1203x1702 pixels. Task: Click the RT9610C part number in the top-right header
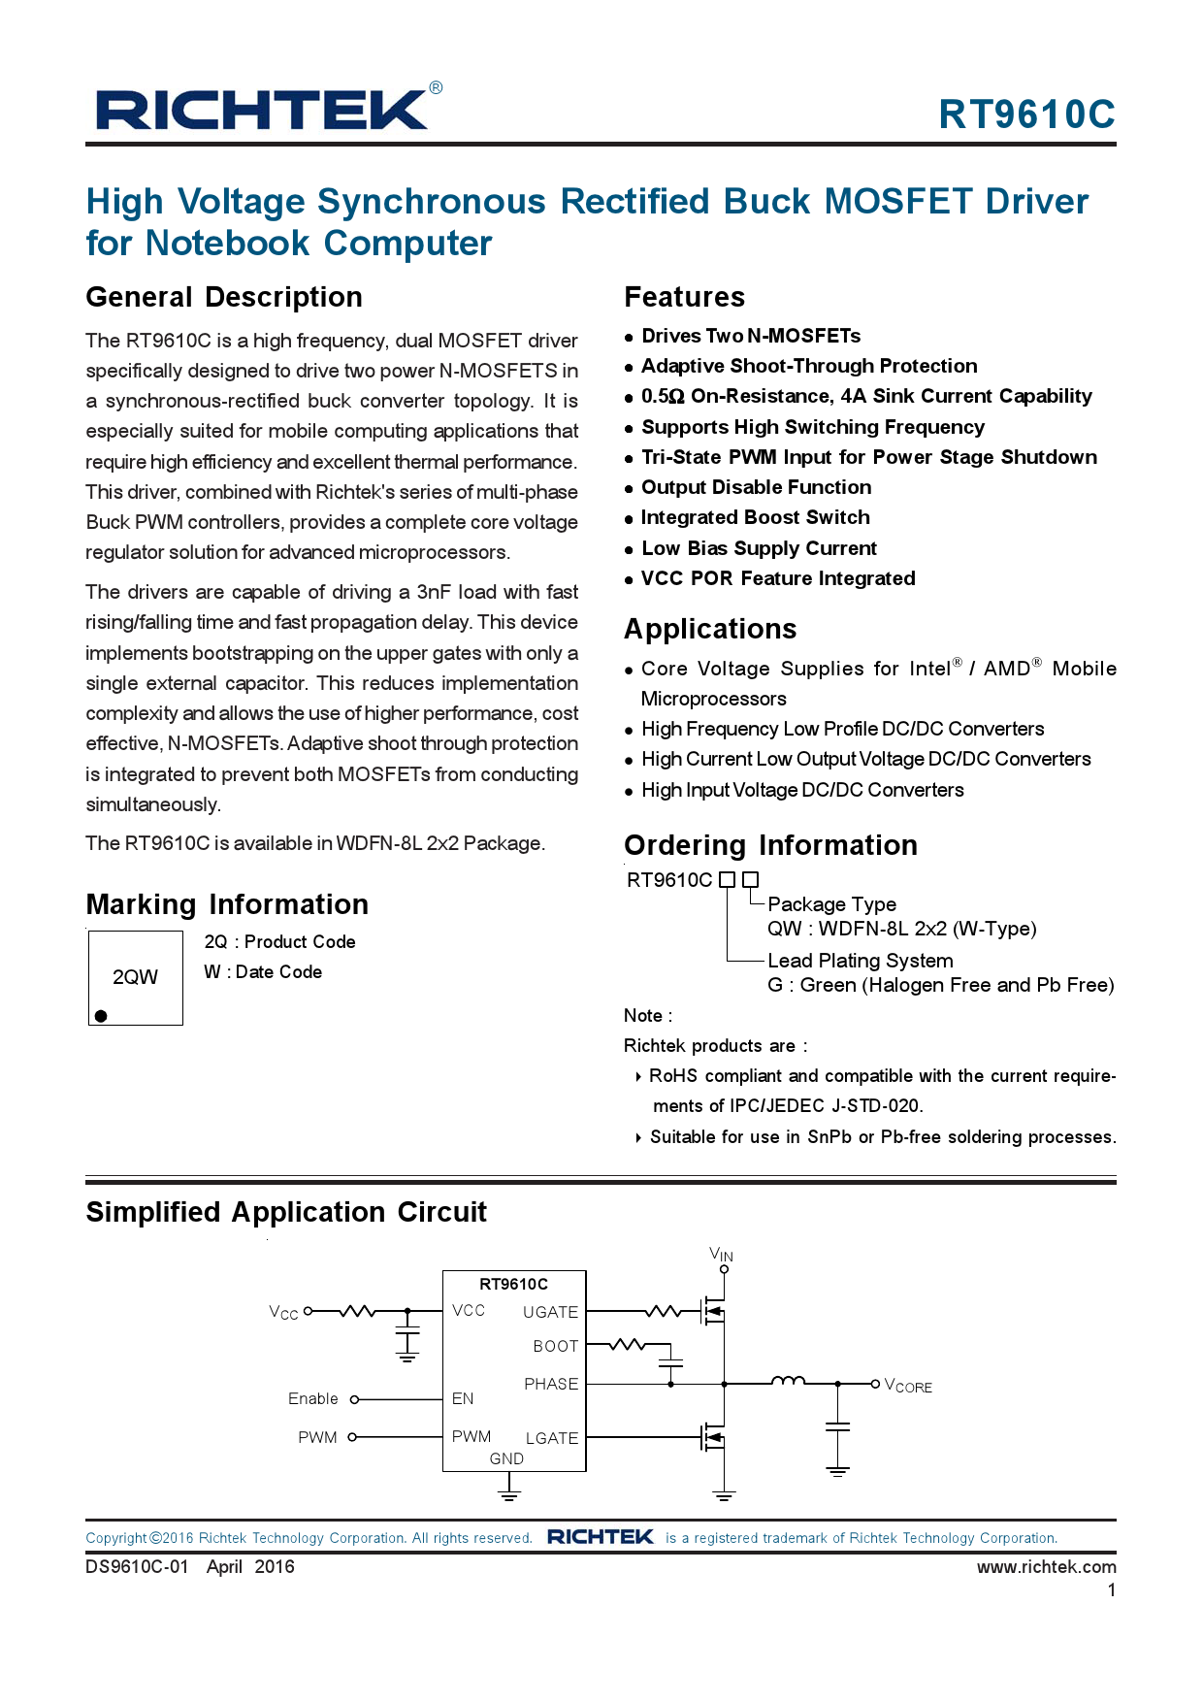(1026, 115)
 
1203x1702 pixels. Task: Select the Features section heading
(684, 297)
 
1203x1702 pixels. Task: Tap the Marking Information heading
(227, 904)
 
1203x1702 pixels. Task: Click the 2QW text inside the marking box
(135, 977)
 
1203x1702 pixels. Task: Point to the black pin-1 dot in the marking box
(101, 1016)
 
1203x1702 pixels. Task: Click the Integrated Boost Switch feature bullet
(755, 517)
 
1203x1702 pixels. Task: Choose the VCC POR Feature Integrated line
(777, 578)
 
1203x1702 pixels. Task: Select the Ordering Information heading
(770, 845)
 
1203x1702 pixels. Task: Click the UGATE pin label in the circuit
(550, 1312)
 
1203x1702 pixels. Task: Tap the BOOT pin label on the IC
(555, 1346)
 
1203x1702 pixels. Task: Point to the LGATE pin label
(551, 1438)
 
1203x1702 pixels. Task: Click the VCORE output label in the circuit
(909, 1386)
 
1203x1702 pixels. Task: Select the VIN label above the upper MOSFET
(721, 1254)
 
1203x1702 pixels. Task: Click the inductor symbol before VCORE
(788, 1381)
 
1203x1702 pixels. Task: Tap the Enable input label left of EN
(313, 1398)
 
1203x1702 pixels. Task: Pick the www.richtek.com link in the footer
(1046, 1566)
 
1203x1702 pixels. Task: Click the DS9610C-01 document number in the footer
(137, 1566)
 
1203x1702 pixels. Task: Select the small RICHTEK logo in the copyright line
(600, 1537)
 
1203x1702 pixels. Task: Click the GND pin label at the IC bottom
(506, 1458)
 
